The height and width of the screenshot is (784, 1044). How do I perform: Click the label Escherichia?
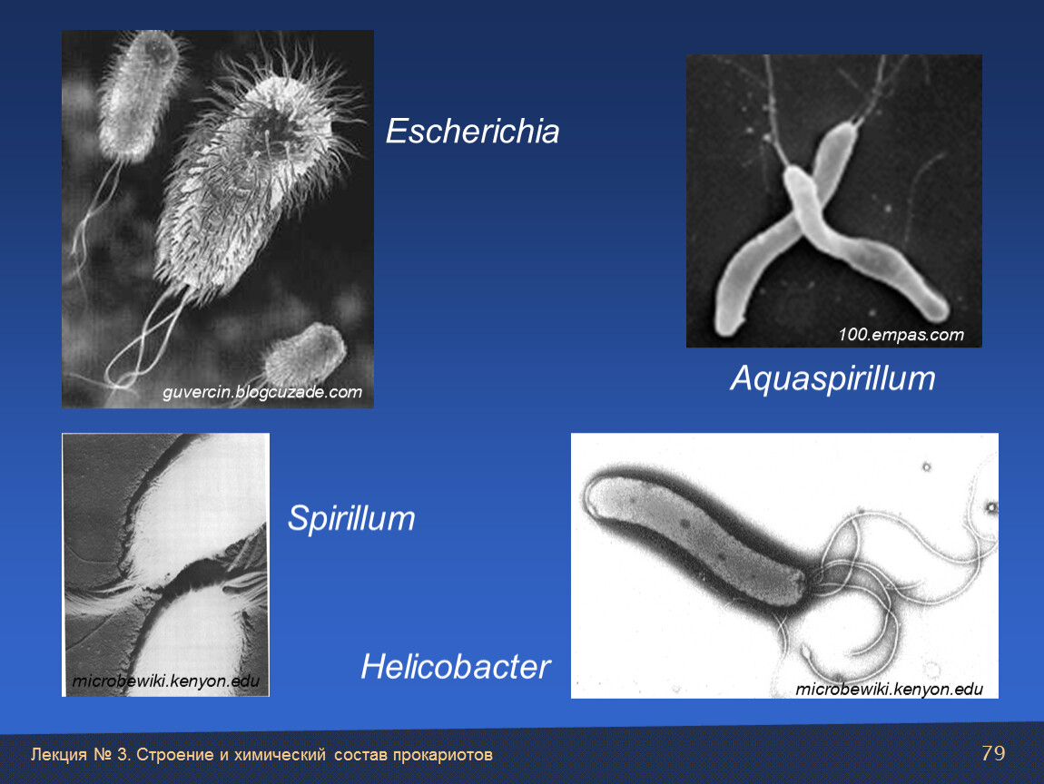(472, 131)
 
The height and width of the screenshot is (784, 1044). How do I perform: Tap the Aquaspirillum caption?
(832, 378)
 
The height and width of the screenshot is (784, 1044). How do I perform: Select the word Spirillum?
(351, 518)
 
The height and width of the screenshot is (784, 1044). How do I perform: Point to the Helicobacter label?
(456, 666)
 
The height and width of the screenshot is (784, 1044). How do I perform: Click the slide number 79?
(993, 753)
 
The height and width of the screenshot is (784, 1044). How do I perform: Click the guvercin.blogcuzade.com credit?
(262, 392)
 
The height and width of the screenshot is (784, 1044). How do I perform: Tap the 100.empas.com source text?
(901, 334)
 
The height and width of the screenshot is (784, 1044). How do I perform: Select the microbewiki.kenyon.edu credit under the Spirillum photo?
(166, 681)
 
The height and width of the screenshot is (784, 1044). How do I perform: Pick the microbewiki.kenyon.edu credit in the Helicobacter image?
(889, 689)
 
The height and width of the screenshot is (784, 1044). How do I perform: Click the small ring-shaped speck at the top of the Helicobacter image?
(926, 466)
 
